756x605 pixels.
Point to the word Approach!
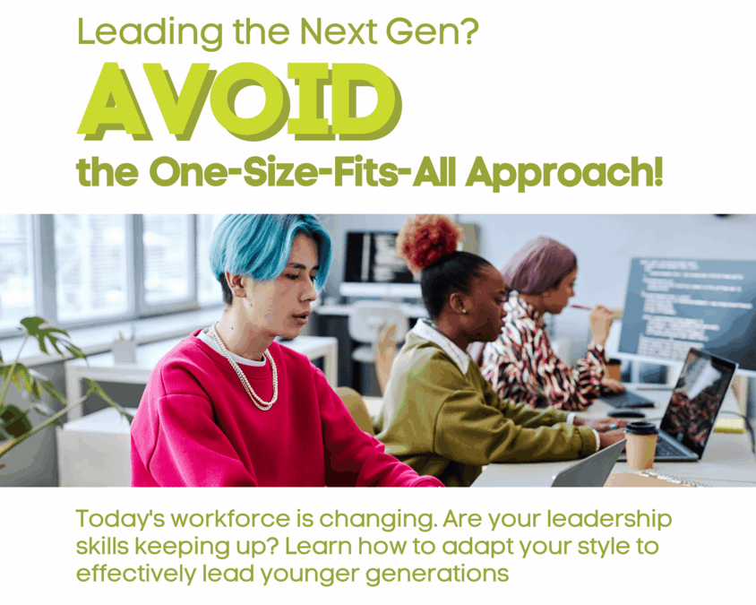pos(564,173)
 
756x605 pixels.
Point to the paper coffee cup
pos(640,445)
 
